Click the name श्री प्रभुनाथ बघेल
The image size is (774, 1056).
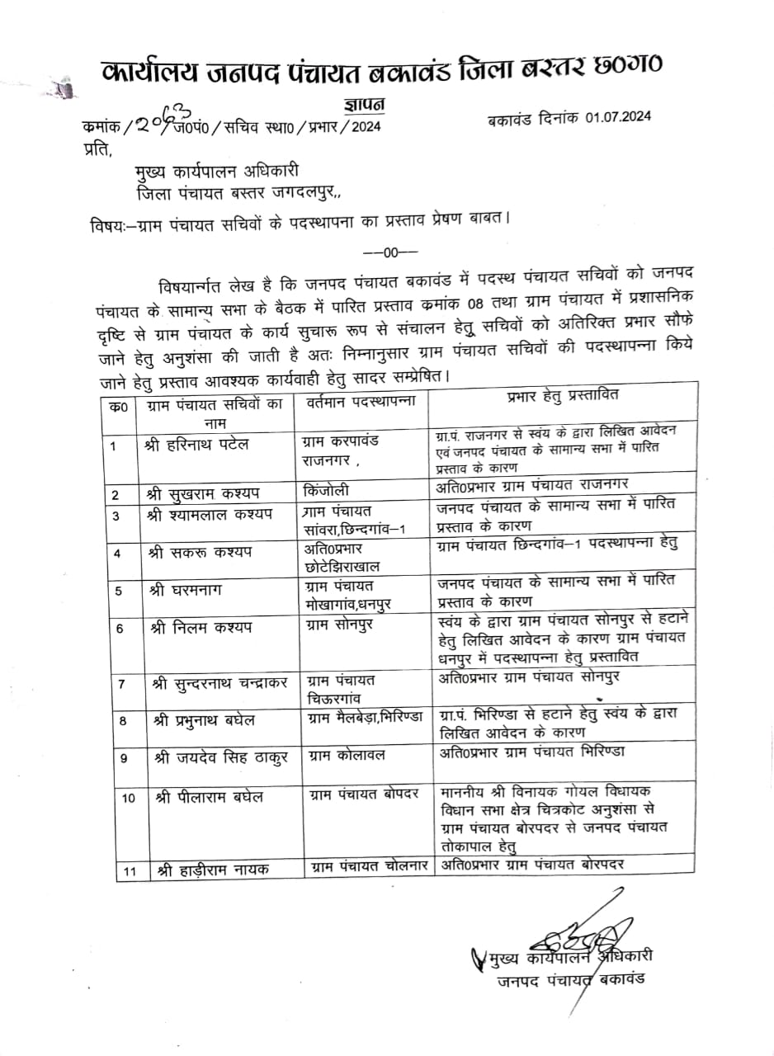(x=203, y=719)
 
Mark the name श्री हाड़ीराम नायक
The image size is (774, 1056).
(x=210, y=869)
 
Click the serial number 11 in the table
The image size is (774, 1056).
(x=129, y=870)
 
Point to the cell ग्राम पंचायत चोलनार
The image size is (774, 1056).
(x=369, y=866)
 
